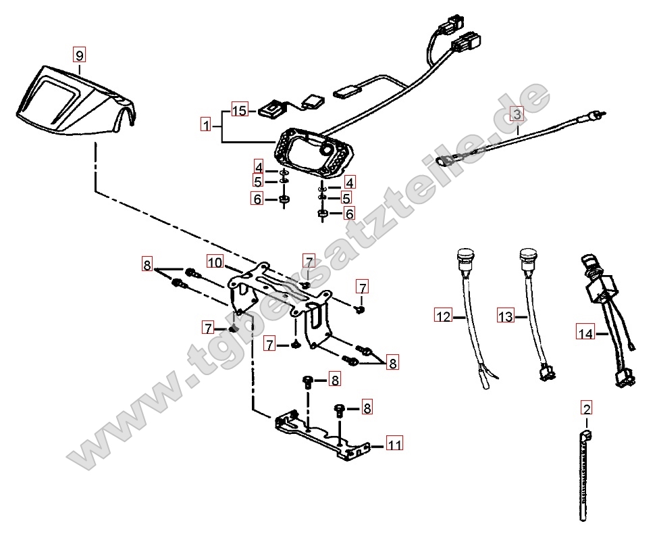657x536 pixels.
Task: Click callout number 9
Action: (x=80, y=54)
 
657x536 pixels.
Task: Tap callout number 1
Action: (x=205, y=124)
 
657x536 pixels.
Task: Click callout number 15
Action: (x=240, y=110)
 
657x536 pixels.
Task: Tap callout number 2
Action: (x=586, y=408)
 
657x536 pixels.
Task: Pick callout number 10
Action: (x=214, y=262)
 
